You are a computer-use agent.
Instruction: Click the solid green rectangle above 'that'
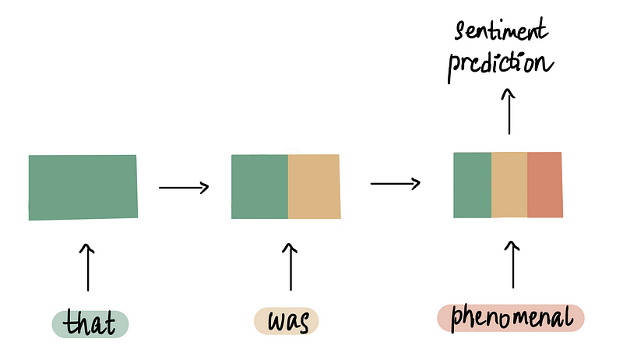(x=83, y=187)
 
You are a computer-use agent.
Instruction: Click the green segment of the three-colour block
(x=473, y=185)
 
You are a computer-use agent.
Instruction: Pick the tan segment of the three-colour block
(x=509, y=185)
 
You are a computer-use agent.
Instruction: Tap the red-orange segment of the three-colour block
(x=544, y=185)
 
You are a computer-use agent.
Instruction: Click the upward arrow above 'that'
(x=87, y=267)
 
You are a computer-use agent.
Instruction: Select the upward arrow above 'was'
(x=291, y=267)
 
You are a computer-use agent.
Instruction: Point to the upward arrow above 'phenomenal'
(x=512, y=265)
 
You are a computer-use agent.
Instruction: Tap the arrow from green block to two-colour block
(x=184, y=187)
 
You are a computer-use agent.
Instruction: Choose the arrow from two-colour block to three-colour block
(x=396, y=184)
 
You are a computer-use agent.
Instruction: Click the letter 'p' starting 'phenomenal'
(x=456, y=319)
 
